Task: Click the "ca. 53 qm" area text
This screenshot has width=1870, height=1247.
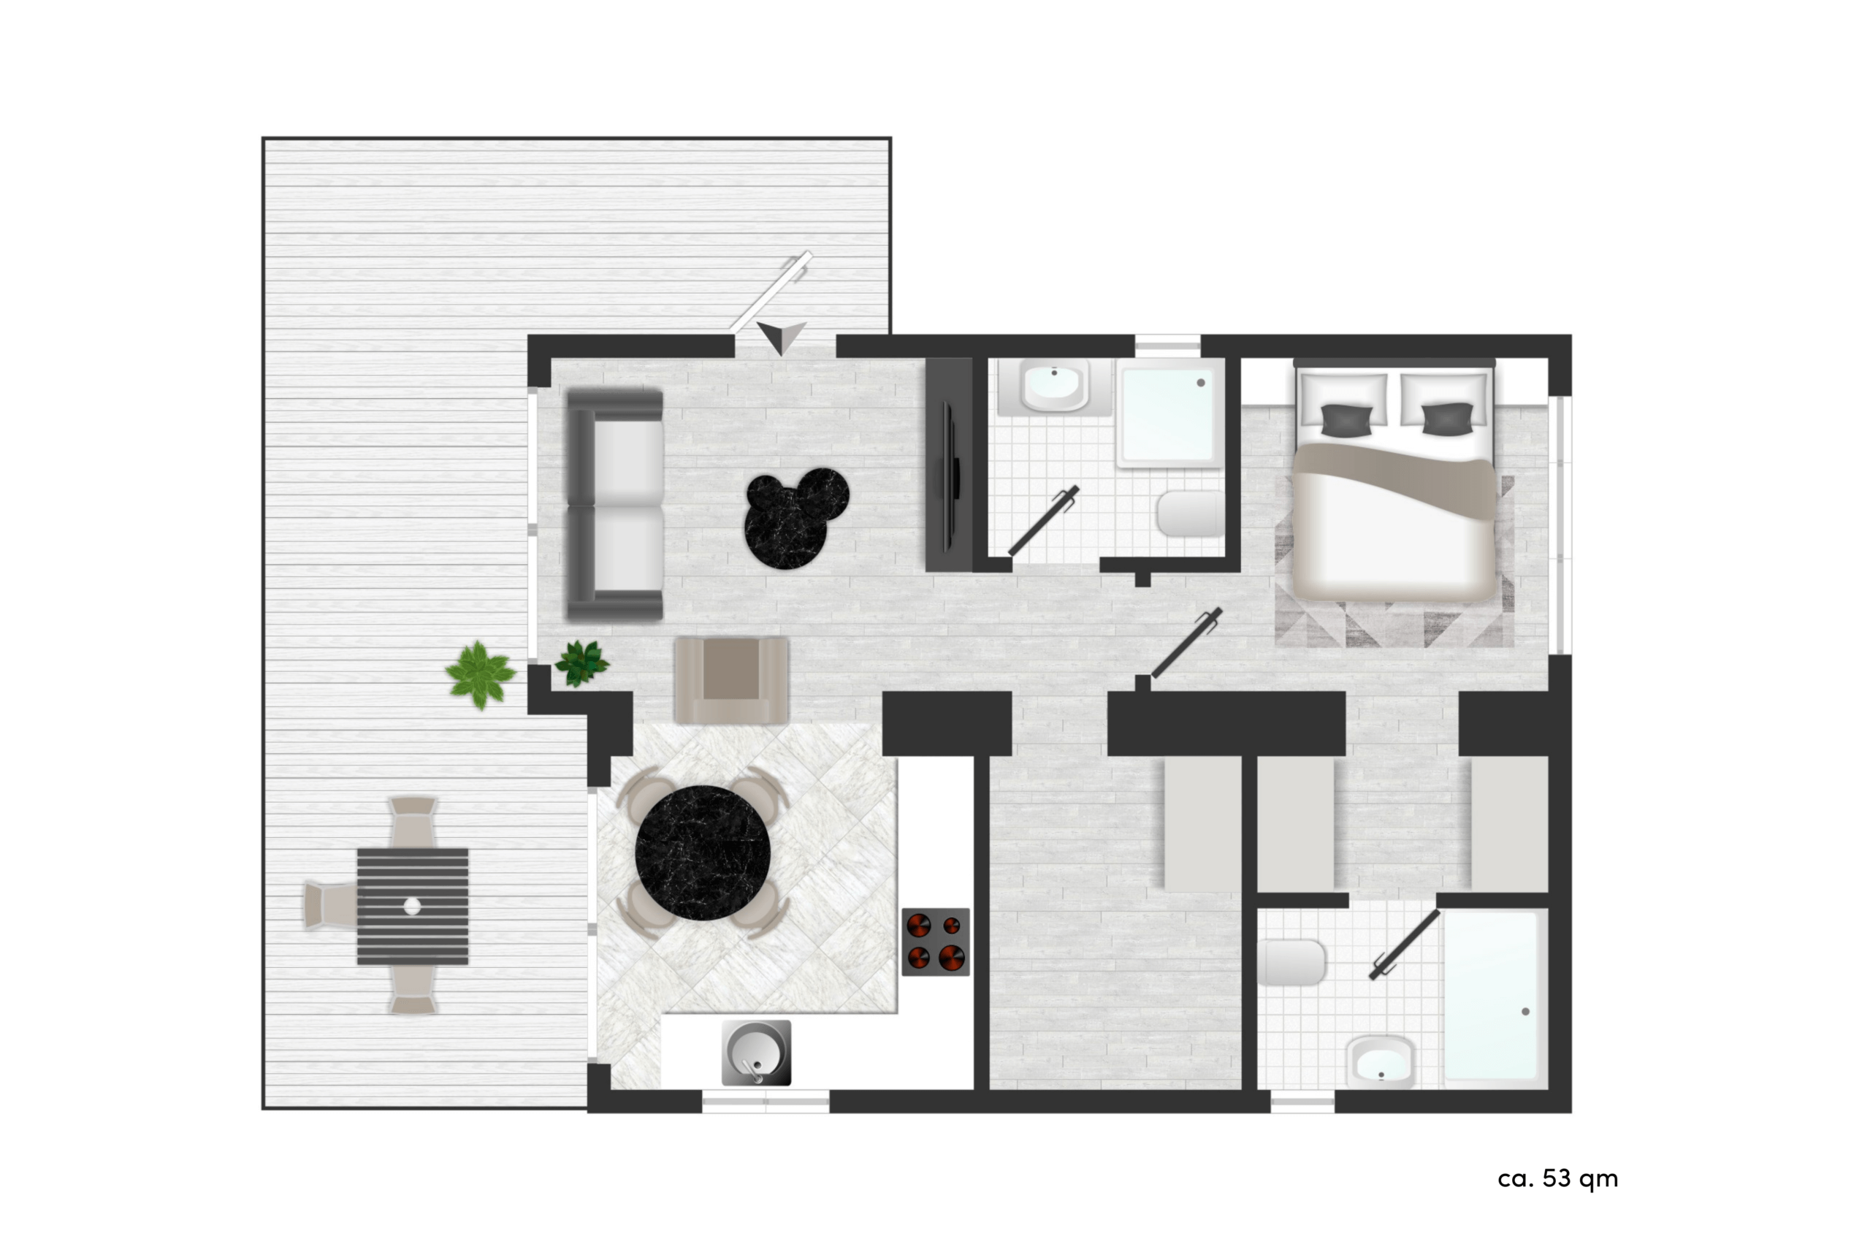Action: tap(1557, 1178)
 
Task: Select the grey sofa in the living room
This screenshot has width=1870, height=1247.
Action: tap(614, 505)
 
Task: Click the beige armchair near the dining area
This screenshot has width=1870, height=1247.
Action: tap(731, 680)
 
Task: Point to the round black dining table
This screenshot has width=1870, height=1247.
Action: tap(703, 853)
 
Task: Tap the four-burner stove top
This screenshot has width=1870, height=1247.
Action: tap(936, 942)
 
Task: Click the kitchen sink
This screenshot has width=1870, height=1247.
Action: tap(756, 1053)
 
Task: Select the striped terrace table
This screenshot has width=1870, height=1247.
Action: tap(413, 906)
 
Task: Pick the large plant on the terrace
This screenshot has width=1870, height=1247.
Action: tap(480, 675)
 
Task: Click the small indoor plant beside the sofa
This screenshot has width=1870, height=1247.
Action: tap(582, 663)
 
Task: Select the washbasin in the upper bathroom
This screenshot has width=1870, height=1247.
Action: tap(1054, 386)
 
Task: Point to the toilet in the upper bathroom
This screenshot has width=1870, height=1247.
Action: tap(1190, 513)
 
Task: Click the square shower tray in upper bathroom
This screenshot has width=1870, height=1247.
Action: tap(1169, 413)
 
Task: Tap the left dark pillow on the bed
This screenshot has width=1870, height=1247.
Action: tap(1348, 420)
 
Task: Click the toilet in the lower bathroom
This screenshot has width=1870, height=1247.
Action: tap(1291, 962)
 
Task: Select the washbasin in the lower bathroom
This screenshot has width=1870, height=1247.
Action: tap(1381, 1062)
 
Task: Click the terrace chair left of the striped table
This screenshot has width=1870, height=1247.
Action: tap(330, 906)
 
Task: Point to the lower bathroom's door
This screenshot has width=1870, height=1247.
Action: tap(1405, 945)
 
